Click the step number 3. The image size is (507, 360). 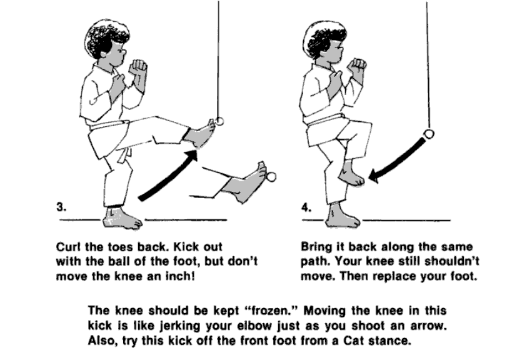pos(61,207)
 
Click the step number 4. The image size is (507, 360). pos(306,207)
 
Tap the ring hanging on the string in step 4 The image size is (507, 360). pos(429,134)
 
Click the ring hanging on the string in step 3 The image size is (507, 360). pos(219,121)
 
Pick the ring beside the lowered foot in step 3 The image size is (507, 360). pos(271,177)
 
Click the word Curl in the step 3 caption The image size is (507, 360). pos(68,247)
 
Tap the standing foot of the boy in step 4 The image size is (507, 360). pos(343,216)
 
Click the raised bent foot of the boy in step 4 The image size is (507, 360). pos(351,174)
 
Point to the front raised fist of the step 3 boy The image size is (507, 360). pos(138,67)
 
